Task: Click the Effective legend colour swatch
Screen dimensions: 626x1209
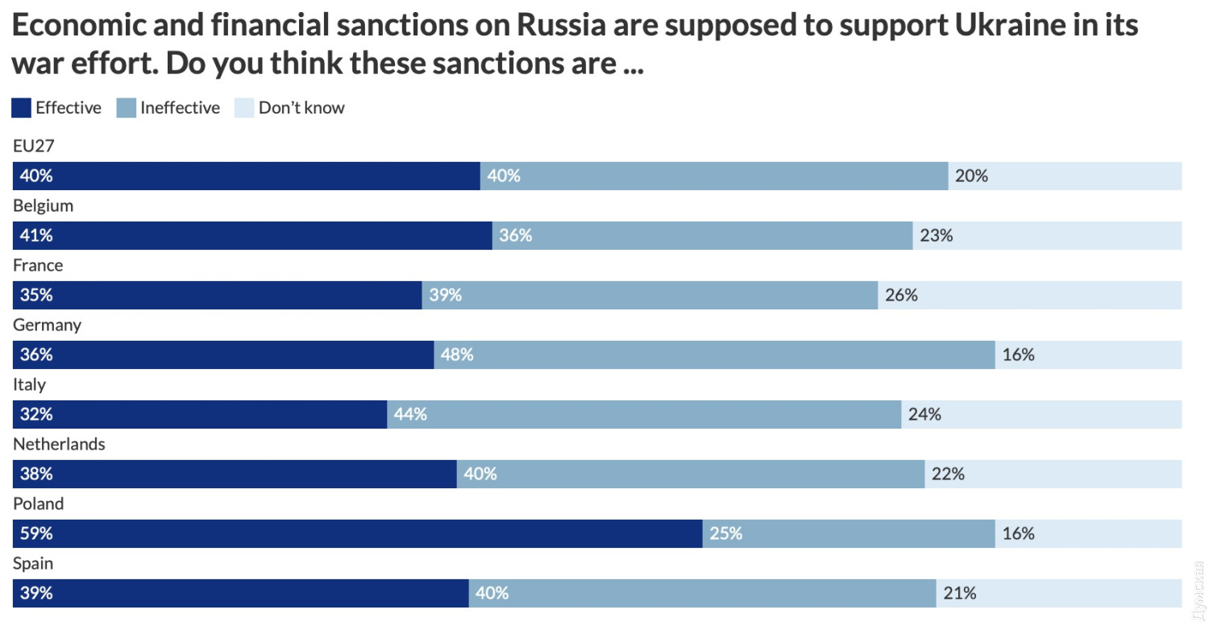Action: (x=22, y=108)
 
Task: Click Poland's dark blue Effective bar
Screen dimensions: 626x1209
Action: (x=357, y=533)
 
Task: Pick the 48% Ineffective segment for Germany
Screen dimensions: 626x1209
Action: (x=714, y=354)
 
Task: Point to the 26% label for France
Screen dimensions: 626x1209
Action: (x=901, y=295)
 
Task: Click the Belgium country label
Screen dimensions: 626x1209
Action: (x=43, y=205)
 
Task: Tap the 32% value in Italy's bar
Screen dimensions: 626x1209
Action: (x=36, y=414)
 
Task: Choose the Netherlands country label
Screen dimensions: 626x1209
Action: (x=59, y=444)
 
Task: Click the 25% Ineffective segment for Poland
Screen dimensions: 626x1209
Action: (x=848, y=533)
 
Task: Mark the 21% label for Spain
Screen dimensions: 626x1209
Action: (x=959, y=593)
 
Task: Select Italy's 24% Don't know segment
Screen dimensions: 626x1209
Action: (x=1041, y=414)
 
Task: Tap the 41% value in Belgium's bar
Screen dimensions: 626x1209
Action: (x=36, y=235)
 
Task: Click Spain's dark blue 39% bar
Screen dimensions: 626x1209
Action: (x=240, y=593)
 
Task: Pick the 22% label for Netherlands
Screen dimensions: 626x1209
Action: (x=948, y=474)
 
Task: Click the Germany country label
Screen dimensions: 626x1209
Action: (x=47, y=325)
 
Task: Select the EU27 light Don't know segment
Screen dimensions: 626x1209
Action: (x=1065, y=176)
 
